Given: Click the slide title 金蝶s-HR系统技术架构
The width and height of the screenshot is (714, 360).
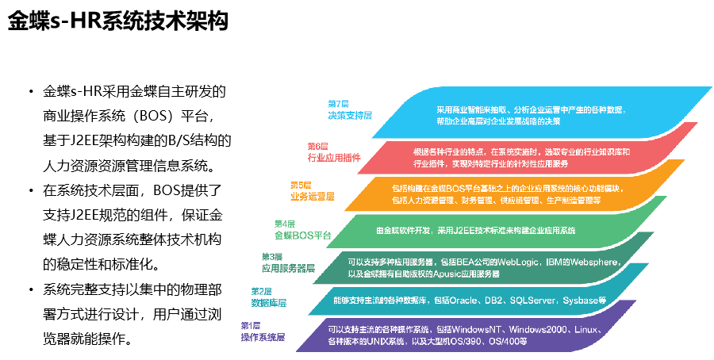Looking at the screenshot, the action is coord(118,21).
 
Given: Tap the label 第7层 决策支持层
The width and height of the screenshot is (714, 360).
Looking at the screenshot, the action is coord(350,110).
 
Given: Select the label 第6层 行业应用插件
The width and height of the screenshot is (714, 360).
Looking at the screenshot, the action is coord(334,152).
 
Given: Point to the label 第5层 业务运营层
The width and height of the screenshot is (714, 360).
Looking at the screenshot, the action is coord(313,191).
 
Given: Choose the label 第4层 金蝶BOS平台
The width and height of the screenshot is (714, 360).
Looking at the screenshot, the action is coord(302,230).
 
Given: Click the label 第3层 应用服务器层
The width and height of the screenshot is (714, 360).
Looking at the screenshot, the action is coord(288,263).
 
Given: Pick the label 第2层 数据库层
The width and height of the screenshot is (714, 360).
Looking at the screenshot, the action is coord(269,297).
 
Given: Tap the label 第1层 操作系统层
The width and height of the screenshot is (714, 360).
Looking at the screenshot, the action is coord(263,331).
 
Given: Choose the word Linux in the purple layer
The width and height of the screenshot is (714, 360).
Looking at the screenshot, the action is coord(585,329).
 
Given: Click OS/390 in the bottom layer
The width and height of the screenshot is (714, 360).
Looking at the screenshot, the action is coord(464,341).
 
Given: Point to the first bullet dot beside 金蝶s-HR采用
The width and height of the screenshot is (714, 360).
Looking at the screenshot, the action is coord(32,92).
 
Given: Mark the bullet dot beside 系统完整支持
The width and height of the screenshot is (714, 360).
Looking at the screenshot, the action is coord(32,290).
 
